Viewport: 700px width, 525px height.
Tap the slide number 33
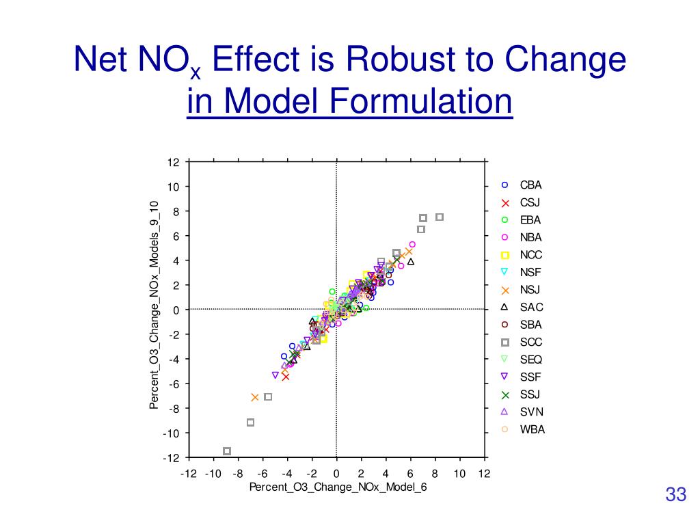click(x=675, y=495)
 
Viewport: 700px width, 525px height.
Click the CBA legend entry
click(x=530, y=185)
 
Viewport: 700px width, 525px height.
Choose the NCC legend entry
click(x=530, y=255)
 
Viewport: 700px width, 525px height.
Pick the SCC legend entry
click(x=530, y=342)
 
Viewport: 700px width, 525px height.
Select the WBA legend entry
click(x=532, y=430)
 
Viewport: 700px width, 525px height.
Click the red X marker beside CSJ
click(x=505, y=203)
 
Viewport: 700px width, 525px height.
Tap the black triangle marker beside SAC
click(x=505, y=308)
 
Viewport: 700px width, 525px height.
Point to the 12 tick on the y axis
click(x=174, y=163)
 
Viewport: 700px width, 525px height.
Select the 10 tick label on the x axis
click(x=459, y=474)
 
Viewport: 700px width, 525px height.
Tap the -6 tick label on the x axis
click(x=262, y=474)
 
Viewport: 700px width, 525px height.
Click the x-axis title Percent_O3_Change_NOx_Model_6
click(x=338, y=487)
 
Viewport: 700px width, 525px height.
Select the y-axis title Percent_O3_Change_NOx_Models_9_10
click(x=154, y=306)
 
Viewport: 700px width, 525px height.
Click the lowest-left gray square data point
click(x=227, y=451)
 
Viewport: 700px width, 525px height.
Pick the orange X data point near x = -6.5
click(x=255, y=397)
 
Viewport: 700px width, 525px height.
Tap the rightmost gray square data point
click(x=440, y=217)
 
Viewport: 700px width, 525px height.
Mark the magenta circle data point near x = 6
click(x=412, y=244)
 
